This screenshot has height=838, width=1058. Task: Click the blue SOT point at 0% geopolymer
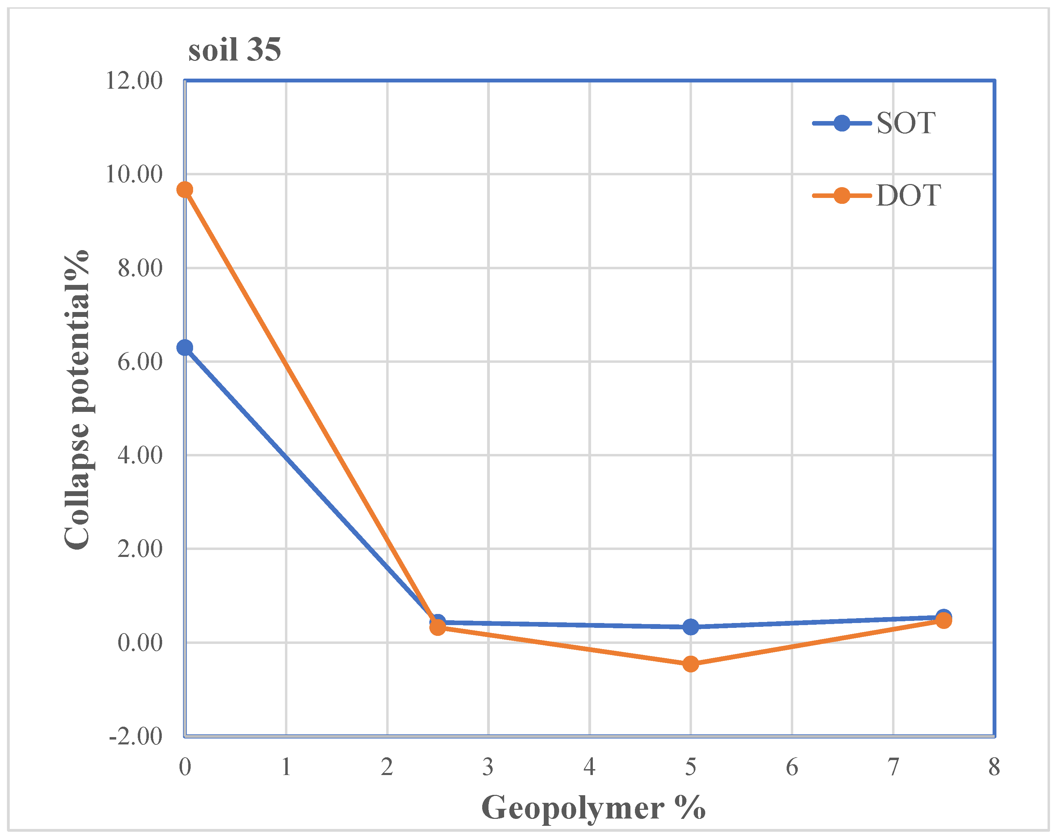(185, 348)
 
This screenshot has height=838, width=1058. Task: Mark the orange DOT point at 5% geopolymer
(691, 664)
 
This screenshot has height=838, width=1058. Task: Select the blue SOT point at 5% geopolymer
(691, 626)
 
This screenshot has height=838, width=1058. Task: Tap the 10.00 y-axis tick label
(134, 174)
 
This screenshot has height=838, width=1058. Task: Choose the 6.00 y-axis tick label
(140, 362)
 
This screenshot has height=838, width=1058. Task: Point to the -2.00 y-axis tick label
(136, 736)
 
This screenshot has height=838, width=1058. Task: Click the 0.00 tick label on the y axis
(140, 643)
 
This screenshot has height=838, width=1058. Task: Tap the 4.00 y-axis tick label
(140, 455)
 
